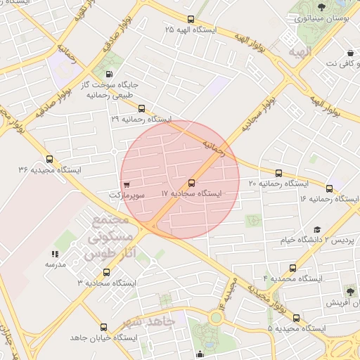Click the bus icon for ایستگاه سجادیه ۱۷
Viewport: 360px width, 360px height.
tap(192, 182)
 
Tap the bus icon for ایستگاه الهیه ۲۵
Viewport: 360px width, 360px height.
tap(191, 20)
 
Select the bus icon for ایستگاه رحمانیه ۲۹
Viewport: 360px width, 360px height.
tap(142, 109)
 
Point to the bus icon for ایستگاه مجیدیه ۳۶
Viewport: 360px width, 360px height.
tap(49, 160)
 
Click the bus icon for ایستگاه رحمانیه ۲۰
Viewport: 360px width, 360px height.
tap(278, 173)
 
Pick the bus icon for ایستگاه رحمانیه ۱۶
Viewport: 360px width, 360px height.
tap(329, 188)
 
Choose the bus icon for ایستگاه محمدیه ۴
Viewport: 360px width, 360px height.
tap(292, 268)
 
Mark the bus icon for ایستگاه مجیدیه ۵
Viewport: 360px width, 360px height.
tap(296, 318)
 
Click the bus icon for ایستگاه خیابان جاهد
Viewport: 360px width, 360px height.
tap(104, 328)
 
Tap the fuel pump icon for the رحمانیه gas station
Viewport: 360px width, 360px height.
tap(109, 74)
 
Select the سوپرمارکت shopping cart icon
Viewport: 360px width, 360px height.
tap(126, 184)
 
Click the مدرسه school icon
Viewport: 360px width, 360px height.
tap(55, 254)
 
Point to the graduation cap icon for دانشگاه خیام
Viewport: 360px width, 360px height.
tap(317, 230)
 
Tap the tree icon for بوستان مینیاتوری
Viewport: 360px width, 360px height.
tap(322, 7)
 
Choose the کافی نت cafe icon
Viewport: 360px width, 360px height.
tap(350, 53)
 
